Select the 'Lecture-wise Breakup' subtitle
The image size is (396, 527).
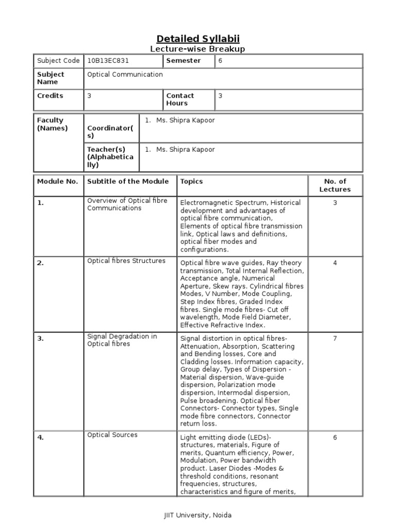(197, 49)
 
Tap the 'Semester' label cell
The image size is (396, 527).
(183, 61)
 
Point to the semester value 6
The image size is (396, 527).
(221, 61)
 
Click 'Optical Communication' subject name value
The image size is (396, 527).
(125, 75)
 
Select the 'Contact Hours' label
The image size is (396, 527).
(180, 99)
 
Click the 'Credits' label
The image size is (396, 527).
(50, 96)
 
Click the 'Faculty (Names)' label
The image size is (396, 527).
(52, 124)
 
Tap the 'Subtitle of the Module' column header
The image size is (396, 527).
(128, 181)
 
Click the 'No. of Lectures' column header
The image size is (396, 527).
(335, 185)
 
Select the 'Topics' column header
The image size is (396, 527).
(191, 181)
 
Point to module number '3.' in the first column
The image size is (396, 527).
(41, 339)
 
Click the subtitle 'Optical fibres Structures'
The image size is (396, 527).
(126, 261)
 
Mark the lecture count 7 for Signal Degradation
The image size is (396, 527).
(335, 339)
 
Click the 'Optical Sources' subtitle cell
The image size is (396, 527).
(112, 435)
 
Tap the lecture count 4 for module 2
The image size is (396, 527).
(335, 263)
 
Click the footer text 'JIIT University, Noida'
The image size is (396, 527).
(198, 515)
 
